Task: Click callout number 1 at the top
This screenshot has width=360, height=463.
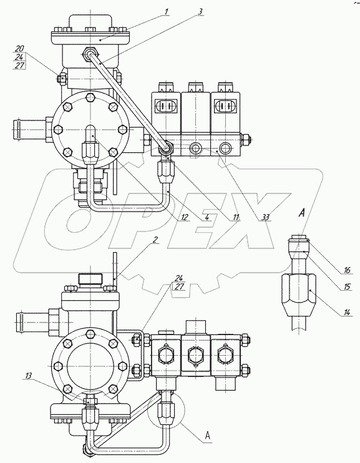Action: coord(167,12)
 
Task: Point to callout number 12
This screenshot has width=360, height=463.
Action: coord(184,217)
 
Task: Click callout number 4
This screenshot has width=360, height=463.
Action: coord(207,217)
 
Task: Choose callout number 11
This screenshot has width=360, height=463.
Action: coord(235,217)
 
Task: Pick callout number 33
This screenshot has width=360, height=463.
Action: coord(265,217)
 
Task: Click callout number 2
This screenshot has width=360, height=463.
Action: coord(154,240)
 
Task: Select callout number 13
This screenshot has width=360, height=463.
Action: coord(29,375)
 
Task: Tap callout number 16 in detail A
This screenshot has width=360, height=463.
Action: coord(347,270)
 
